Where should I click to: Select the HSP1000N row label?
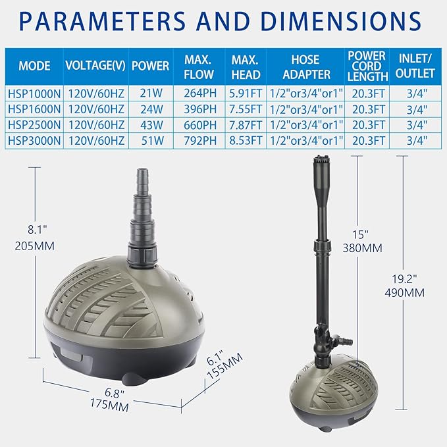pos(35,93)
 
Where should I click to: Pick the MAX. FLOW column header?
pos(198,66)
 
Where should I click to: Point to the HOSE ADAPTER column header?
pos(305,66)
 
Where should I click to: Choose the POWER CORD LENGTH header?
pos(367,66)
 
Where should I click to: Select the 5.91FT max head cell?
pos(246,93)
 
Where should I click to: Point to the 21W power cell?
pos(150,93)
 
